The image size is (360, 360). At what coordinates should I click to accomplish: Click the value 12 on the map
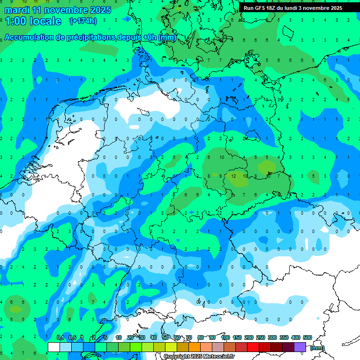(x=233, y=176)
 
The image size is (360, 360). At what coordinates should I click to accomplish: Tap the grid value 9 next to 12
(x=221, y=176)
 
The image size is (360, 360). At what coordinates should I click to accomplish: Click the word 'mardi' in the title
(x=18, y=9)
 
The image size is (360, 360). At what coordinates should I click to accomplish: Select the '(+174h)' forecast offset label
(x=82, y=21)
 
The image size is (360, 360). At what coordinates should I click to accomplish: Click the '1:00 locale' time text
(x=33, y=21)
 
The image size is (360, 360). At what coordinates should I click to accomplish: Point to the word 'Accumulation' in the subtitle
(x=29, y=37)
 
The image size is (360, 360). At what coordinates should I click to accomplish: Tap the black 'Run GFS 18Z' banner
(x=299, y=7)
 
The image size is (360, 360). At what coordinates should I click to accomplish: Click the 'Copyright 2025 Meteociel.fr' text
(x=199, y=356)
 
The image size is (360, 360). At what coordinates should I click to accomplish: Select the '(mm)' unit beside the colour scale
(x=317, y=347)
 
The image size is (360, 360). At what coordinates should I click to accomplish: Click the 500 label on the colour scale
(x=307, y=337)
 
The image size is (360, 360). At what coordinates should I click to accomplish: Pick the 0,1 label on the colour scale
(x=60, y=337)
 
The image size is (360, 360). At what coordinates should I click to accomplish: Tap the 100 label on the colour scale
(x=225, y=337)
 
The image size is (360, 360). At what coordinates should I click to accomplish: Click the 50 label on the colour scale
(x=165, y=337)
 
